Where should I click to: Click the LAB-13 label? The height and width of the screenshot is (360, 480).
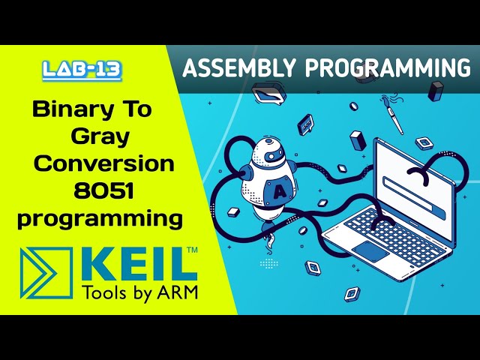click(82, 70)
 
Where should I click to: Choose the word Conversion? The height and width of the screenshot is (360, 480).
click(106, 163)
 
